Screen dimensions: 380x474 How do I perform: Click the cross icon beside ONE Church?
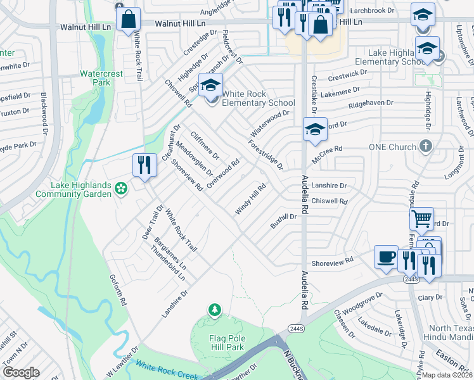pos(426,147)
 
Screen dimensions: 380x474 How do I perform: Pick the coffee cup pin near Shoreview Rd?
pos(386,257)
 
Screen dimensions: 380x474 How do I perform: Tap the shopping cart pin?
pos(421,219)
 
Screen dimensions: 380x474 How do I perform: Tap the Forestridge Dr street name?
pos(266,155)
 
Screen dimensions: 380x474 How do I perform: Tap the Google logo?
pos(21,373)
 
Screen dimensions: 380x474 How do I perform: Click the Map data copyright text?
pos(447,375)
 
